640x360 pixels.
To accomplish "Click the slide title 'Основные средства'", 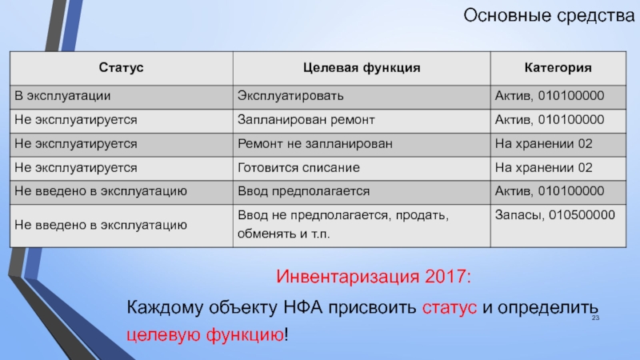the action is pos(549,16).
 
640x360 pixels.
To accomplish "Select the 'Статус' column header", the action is pos(122,68).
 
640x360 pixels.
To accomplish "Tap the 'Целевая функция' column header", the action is pos(362,68).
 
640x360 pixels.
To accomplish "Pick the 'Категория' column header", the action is pos(558,68).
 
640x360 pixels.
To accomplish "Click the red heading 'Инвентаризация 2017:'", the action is pos(374,277).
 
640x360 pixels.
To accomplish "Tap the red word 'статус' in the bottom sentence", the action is pos(450,308).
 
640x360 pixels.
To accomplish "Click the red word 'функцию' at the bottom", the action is pos(245,334).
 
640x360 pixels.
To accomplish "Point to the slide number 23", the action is pos(595,318).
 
